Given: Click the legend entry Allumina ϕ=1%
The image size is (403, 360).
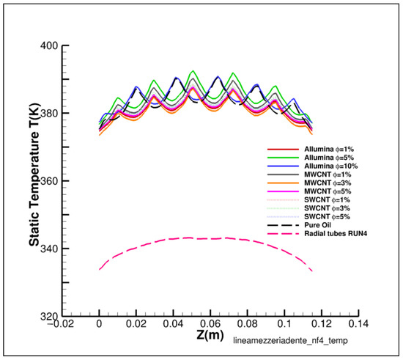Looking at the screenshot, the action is [x=329, y=150].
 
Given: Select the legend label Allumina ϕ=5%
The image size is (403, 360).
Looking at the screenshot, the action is [x=329, y=158].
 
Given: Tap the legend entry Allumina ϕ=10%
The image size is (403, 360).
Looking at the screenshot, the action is [x=331, y=166].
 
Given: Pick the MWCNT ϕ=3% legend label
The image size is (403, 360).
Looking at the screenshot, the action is [x=328, y=183].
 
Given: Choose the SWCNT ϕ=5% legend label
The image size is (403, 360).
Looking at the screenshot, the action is [x=328, y=217].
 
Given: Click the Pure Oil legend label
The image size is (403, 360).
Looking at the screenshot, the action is [x=318, y=225].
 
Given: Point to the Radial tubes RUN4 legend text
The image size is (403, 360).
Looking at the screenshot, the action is [x=336, y=234].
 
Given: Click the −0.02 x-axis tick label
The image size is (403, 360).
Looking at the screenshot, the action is [x=61, y=323].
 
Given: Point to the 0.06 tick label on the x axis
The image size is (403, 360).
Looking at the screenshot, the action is [x=210, y=323].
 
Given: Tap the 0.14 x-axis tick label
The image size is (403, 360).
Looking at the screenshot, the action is [x=358, y=323].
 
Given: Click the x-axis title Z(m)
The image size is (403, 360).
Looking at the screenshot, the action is [x=210, y=335].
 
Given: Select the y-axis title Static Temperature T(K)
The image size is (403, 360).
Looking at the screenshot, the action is [x=34, y=174].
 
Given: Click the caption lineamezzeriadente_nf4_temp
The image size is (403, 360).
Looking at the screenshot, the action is [x=290, y=341].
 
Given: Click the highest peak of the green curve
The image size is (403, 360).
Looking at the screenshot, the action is [x=193, y=70].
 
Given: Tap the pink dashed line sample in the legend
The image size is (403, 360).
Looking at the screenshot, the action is [x=284, y=234].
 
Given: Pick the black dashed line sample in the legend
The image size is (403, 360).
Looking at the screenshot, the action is [x=284, y=225].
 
